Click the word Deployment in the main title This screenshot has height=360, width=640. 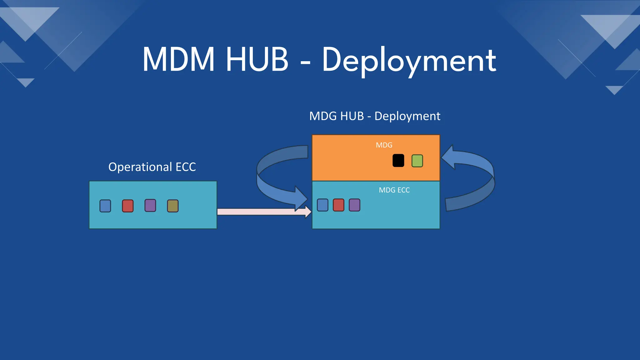click(409, 60)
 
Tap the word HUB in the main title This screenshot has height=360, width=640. click(257, 59)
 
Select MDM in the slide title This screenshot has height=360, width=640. click(178, 59)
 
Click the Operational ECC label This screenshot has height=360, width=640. click(152, 167)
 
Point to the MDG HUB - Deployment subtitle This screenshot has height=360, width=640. click(374, 116)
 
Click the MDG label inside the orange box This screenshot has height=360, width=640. click(384, 145)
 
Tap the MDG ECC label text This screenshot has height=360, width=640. click(394, 190)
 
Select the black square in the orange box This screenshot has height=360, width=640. click(398, 161)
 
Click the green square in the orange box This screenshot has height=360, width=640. click(417, 161)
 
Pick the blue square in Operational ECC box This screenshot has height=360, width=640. click(105, 206)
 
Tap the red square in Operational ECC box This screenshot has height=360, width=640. click(128, 206)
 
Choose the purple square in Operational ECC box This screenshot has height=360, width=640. click(150, 206)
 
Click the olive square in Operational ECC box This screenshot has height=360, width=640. click(173, 206)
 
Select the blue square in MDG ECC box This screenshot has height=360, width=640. click(322, 205)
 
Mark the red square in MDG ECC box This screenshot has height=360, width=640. click(338, 205)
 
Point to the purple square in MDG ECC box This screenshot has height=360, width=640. click(354, 205)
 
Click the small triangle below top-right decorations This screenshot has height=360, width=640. click(614, 90)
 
